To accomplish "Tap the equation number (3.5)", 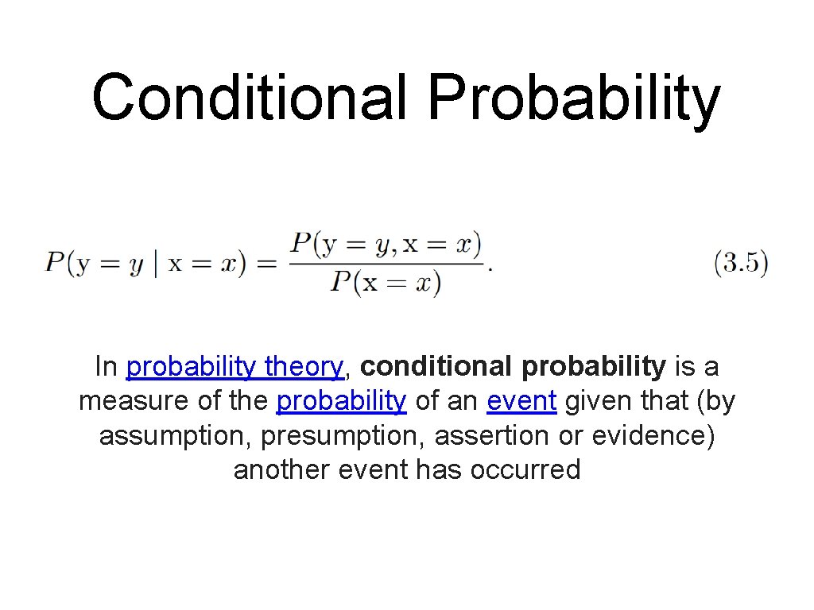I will coord(741,263).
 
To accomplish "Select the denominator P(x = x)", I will coord(386,283).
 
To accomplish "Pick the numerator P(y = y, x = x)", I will coord(386,245).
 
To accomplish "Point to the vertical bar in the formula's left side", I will coord(156,263).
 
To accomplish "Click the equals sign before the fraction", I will coord(266,264).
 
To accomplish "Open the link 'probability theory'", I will coord(235,367).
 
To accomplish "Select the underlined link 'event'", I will coord(521,401).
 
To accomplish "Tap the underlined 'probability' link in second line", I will coord(341,401).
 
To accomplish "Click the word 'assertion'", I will coord(491,436).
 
